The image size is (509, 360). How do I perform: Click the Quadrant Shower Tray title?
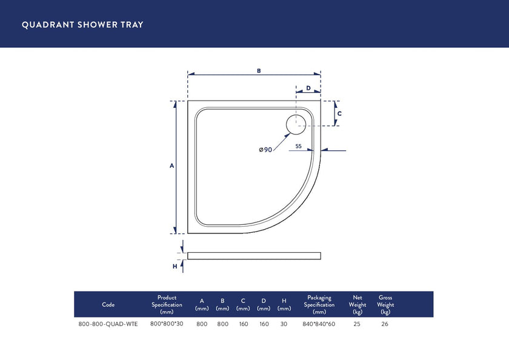pyautogui.click(x=82, y=25)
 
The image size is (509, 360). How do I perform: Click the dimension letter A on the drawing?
pyautogui.click(x=171, y=166)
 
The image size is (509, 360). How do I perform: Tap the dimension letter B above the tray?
pyautogui.click(x=258, y=71)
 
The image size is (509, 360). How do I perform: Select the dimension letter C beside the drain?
pyautogui.click(x=339, y=113)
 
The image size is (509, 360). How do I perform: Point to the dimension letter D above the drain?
pyautogui.click(x=308, y=88)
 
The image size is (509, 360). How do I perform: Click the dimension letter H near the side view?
pyautogui.click(x=175, y=265)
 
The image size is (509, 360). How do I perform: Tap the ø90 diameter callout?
pyautogui.click(x=265, y=150)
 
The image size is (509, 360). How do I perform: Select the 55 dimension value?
pyautogui.click(x=299, y=146)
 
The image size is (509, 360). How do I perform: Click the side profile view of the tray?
pyautogui.click(x=254, y=256)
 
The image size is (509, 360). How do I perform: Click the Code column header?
pyautogui.click(x=108, y=305)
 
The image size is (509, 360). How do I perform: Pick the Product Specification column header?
pyautogui.click(x=167, y=304)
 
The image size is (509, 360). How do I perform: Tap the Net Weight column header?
pyautogui.click(x=357, y=304)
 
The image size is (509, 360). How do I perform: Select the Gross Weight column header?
pyautogui.click(x=385, y=304)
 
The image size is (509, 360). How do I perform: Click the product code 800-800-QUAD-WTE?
pyautogui.click(x=108, y=324)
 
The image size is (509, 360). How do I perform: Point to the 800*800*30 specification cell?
pyautogui.click(x=167, y=324)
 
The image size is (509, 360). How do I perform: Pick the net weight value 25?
pyautogui.click(x=357, y=324)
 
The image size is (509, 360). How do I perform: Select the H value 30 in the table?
pyautogui.click(x=284, y=324)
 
